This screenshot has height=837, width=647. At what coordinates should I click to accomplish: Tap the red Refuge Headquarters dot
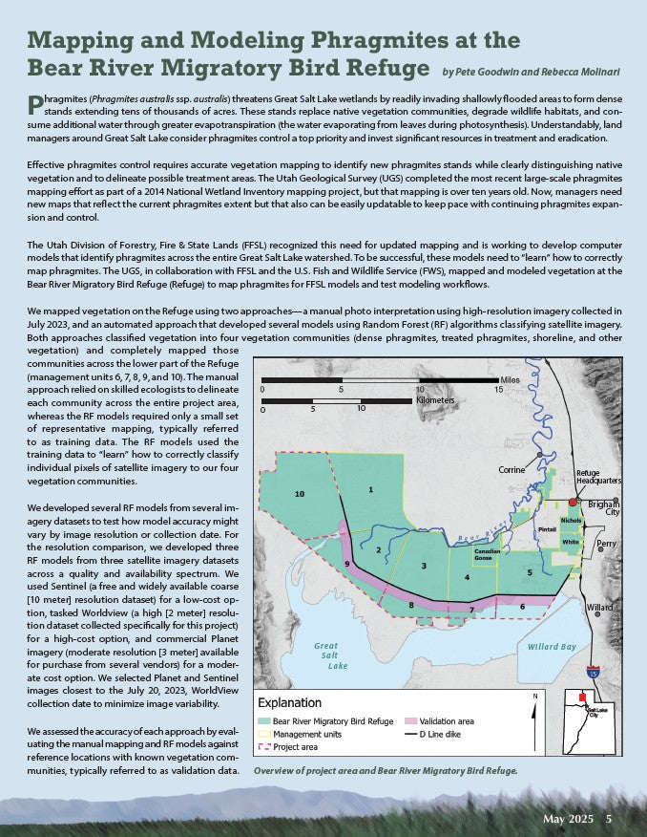point(573,501)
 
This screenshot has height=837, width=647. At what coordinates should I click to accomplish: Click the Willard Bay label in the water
point(551,647)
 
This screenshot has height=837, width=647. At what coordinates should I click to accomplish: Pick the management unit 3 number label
point(423,567)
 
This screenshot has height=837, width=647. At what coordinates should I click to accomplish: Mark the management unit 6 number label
point(522,607)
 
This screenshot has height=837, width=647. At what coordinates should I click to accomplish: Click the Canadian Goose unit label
point(487,555)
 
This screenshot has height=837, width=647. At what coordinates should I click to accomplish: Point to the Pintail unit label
point(546,528)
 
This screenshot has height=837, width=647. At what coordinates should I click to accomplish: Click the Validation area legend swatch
point(412,720)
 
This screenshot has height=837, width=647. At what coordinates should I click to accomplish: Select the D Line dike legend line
point(412,734)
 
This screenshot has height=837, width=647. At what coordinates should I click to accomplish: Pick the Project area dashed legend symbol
point(263,746)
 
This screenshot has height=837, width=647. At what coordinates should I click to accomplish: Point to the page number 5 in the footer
point(609,820)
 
